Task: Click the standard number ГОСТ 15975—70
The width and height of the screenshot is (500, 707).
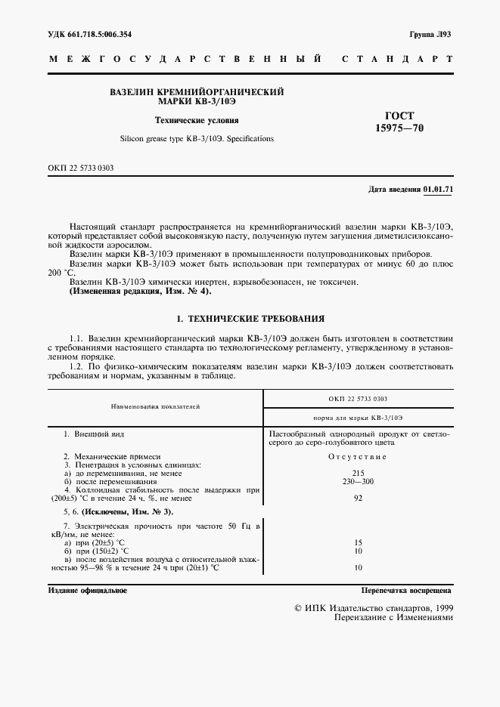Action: (399, 122)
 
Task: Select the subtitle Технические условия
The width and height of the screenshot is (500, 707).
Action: (196, 119)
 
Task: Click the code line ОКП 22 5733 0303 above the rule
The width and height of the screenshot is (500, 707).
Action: (80, 167)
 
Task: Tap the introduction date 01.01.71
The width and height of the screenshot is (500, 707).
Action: (438, 189)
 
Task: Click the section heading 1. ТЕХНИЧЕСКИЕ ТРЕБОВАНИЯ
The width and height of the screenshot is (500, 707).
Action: (250, 319)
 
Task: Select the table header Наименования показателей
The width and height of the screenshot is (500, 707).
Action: (155, 406)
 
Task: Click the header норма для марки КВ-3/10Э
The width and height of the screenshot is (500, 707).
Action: (358, 417)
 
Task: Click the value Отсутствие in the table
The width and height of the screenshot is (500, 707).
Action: (358, 457)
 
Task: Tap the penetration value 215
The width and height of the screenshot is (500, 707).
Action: (358, 473)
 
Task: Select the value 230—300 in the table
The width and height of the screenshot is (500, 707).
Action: (358, 481)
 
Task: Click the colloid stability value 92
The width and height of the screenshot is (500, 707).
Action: (358, 498)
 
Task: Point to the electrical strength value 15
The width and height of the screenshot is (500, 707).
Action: (358, 542)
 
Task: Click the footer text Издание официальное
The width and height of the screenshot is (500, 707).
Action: (88, 590)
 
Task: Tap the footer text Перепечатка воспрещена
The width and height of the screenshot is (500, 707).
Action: (406, 590)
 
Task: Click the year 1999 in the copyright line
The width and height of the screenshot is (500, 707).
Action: (440, 607)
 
